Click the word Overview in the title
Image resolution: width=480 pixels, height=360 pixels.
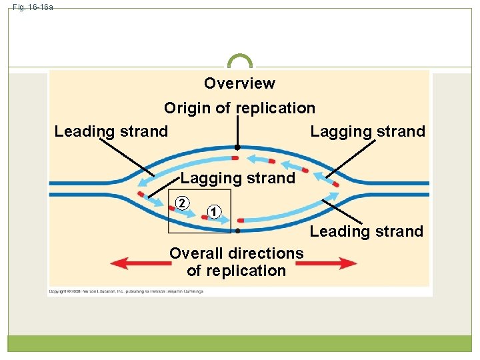point(239,83)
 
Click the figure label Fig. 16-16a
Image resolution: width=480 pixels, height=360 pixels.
point(33,7)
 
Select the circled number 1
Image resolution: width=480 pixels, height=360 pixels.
point(212,212)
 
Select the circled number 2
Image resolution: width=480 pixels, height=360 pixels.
point(181,203)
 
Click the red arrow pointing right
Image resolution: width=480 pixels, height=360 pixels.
point(326,263)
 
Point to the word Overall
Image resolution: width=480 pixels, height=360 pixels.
point(197,253)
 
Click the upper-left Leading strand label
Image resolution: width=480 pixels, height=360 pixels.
point(111,131)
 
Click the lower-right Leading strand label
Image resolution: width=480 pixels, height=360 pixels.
point(366,231)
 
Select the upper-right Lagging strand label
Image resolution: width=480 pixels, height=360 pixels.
point(367,131)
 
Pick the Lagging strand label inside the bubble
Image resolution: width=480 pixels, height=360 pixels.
point(237,178)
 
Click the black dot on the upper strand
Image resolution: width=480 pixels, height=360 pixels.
point(236,147)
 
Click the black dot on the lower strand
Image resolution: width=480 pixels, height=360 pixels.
point(237,230)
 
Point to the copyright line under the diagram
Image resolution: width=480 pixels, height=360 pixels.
point(126,291)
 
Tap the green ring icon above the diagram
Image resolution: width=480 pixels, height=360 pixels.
point(240,61)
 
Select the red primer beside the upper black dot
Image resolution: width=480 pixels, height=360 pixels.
point(235,158)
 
